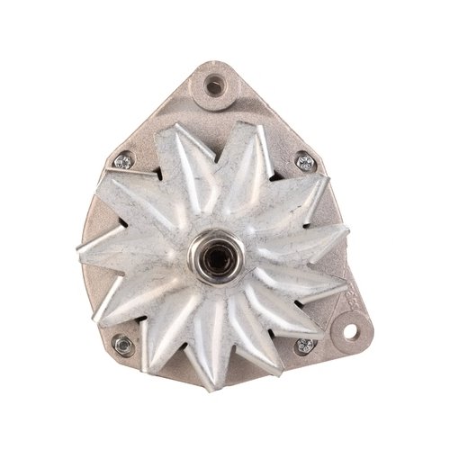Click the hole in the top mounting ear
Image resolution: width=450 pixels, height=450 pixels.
point(214,86)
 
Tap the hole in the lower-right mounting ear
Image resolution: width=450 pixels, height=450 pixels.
point(348,329)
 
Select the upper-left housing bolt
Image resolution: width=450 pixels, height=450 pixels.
point(123,162)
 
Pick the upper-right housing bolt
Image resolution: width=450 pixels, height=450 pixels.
point(305,162)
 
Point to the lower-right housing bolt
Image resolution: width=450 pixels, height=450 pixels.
point(304,346)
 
